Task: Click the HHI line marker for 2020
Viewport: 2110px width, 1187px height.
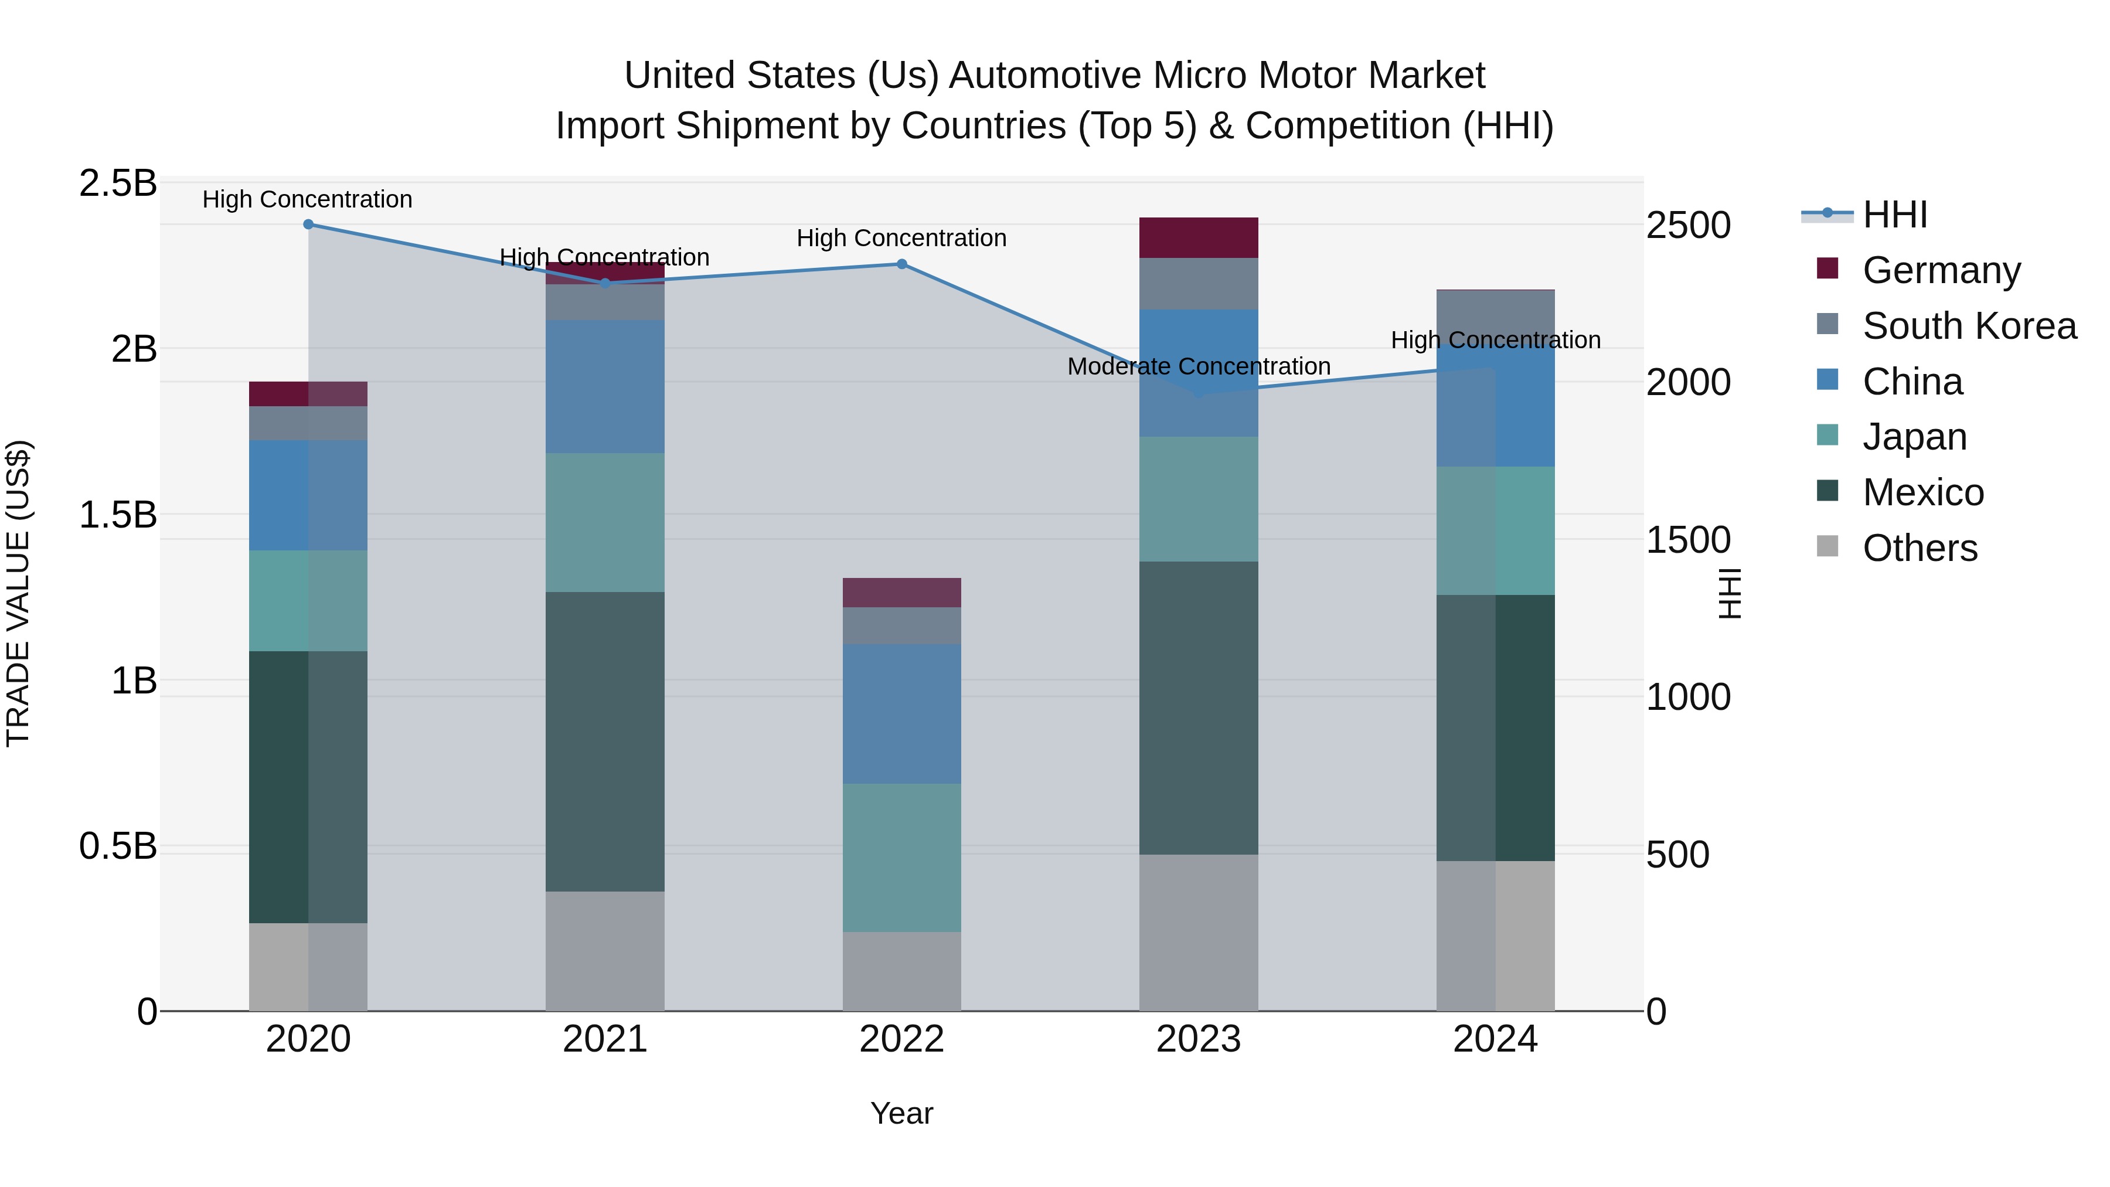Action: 308,225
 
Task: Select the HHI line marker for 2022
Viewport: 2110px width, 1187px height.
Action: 902,264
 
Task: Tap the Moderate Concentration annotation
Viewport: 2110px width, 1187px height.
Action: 1199,366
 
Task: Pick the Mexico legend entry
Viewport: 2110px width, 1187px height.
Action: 1922,492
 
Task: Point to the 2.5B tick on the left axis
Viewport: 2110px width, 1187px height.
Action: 117,183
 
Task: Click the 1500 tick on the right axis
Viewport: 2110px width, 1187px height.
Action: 1688,540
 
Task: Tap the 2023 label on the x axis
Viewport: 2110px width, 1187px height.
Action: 1199,1039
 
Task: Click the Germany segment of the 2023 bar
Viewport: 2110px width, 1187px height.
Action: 1199,237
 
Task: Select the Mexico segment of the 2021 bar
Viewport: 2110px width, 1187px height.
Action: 604,742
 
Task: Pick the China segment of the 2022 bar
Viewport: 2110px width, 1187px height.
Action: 902,713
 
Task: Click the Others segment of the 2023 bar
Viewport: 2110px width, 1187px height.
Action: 1199,932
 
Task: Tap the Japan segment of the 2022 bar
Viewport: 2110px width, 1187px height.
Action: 902,857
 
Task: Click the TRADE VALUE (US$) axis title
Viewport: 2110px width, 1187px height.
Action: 18,593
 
